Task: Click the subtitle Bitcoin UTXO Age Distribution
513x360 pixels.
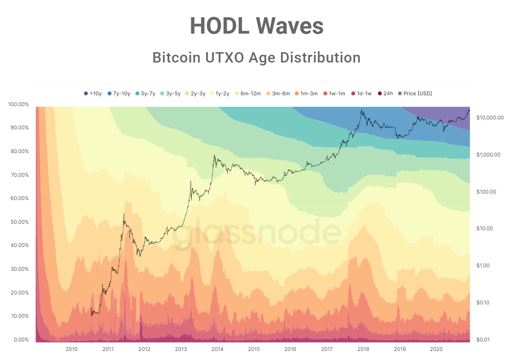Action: pos(256,57)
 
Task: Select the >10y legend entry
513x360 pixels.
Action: pos(93,94)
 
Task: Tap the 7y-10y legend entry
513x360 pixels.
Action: pos(118,94)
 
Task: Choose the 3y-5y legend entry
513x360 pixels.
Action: pos(170,94)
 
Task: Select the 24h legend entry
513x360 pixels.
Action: pos(385,94)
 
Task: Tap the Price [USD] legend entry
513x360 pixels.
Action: pos(415,94)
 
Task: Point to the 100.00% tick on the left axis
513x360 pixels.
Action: pos(19,104)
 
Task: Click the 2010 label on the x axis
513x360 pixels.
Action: pos(71,349)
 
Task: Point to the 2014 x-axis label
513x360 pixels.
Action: pos(217,349)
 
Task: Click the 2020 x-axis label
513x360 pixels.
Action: pos(436,349)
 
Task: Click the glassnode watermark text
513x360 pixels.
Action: pos(257,233)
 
